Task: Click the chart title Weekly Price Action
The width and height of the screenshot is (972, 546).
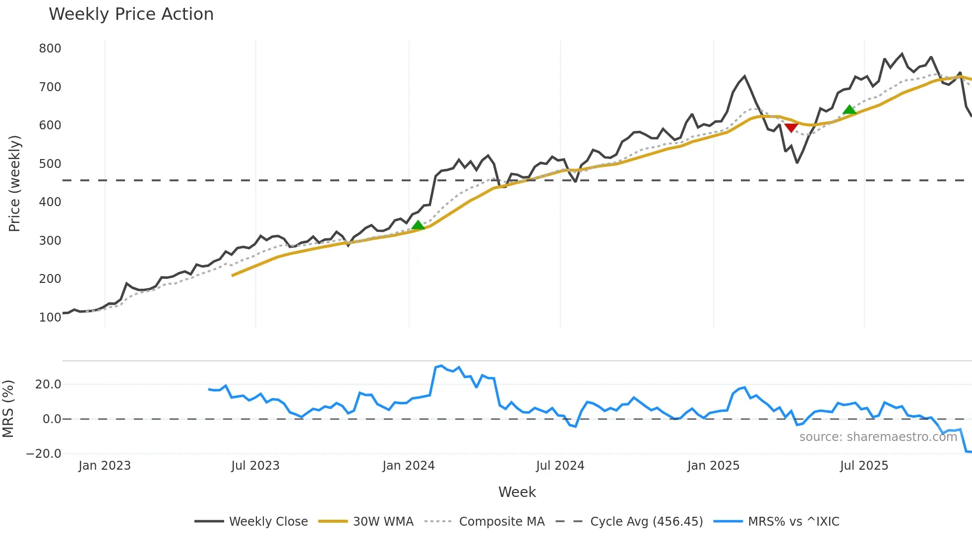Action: [131, 14]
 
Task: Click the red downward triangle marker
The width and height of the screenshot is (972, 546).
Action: [791, 128]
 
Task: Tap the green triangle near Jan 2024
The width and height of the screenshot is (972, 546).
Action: [418, 225]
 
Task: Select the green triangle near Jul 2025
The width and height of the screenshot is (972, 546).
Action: [849, 109]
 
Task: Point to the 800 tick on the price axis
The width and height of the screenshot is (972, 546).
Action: [50, 49]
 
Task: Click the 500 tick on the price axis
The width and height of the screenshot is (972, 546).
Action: [50, 164]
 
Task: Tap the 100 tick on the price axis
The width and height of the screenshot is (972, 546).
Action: [50, 317]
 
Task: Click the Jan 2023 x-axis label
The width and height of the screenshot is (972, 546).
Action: [105, 466]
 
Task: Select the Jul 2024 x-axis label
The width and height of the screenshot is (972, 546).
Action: [560, 466]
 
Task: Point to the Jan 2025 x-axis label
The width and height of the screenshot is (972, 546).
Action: [713, 466]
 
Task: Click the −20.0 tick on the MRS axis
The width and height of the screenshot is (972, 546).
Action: [44, 453]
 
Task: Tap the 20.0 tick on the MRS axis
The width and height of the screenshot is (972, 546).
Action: [48, 384]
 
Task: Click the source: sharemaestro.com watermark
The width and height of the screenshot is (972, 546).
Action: [878, 437]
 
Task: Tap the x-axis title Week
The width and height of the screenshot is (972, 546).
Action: [517, 492]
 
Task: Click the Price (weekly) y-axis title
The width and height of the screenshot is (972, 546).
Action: [15, 183]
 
